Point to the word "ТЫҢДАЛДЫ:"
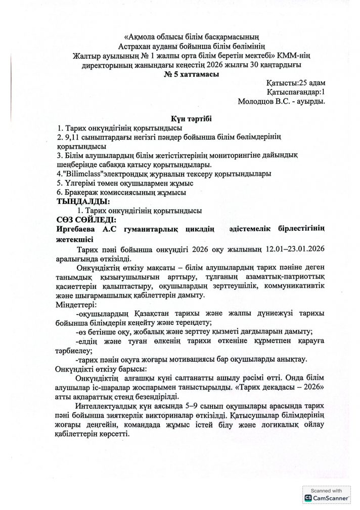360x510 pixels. coord(84,201)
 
